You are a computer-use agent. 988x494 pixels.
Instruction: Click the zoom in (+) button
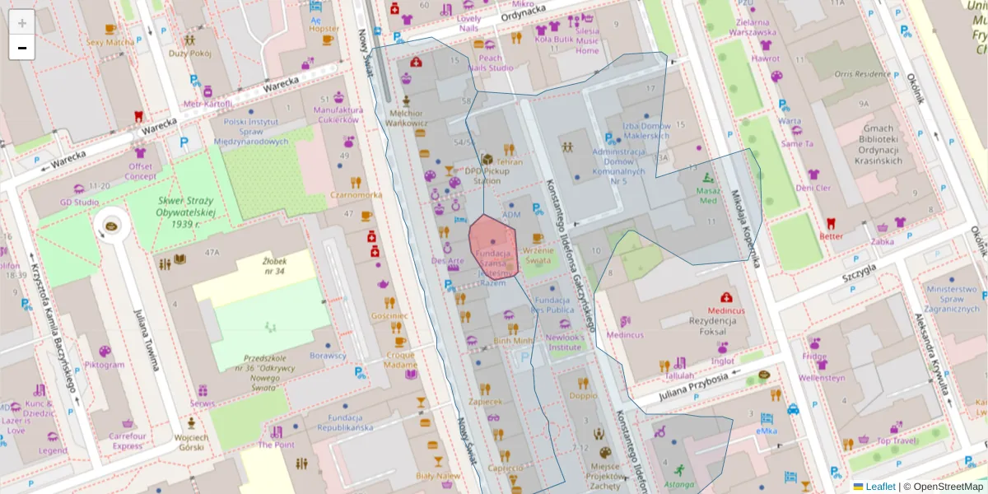pyautogui.click(x=22, y=22)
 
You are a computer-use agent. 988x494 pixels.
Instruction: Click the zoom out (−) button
pyautogui.click(x=22, y=48)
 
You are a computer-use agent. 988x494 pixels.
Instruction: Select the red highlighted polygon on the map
pyautogui.click(x=493, y=245)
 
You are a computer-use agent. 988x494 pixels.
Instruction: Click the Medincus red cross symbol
pyautogui.click(x=725, y=297)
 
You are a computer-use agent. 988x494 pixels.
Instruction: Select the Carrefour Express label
pyautogui.click(x=128, y=441)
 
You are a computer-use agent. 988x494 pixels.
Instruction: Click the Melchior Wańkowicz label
pyautogui.click(x=406, y=118)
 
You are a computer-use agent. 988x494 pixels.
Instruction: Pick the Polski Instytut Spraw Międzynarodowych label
pyautogui.click(x=251, y=131)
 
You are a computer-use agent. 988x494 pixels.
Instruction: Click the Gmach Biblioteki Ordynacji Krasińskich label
pyautogui.click(x=878, y=145)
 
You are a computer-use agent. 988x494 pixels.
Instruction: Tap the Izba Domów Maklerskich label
pyautogui.click(x=647, y=131)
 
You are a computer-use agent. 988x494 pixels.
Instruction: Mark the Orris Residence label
pyautogui.click(x=861, y=74)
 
